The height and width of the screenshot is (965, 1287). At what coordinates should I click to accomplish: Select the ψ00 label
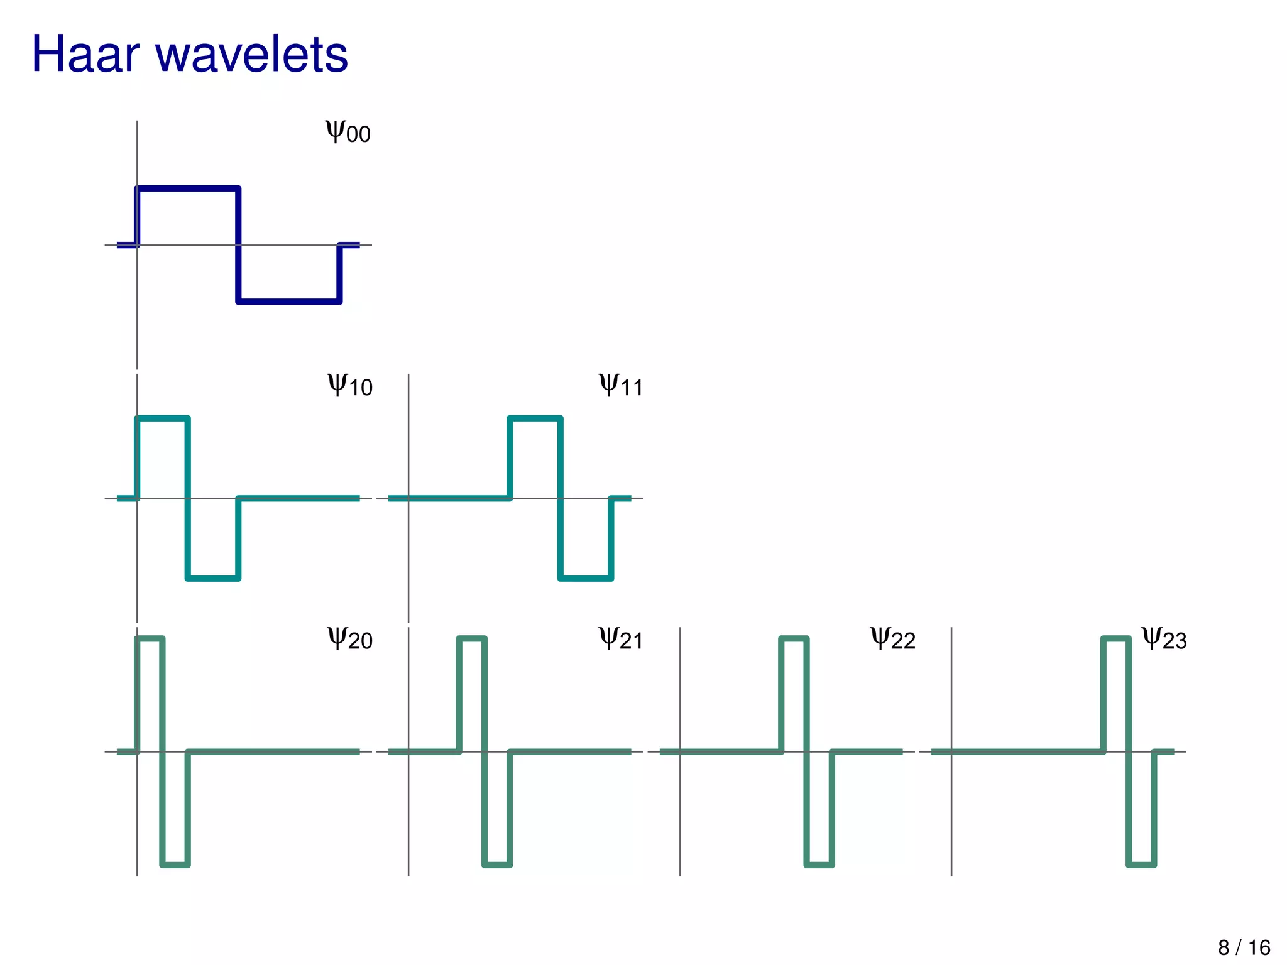click(x=348, y=131)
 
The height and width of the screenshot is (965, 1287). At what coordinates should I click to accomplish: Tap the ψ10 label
click(x=349, y=384)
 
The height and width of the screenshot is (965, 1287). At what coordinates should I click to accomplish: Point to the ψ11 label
click(x=621, y=384)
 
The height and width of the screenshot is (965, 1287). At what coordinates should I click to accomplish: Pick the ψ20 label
click(x=349, y=638)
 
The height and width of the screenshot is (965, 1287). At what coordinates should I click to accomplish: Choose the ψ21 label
click(x=621, y=638)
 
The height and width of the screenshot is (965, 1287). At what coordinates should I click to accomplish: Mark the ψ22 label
click(x=892, y=638)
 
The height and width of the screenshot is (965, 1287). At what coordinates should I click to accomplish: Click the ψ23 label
click(x=1164, y=638)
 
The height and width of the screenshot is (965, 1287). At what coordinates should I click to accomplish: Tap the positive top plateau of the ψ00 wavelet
click(x=188, y=188)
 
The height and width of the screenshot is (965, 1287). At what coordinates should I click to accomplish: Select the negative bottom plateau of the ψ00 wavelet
click(x=289, y=302)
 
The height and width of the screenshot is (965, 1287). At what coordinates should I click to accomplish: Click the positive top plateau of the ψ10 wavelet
click(x=162, y=418)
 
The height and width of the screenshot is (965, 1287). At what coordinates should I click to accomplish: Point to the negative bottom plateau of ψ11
click(x=586, y=578)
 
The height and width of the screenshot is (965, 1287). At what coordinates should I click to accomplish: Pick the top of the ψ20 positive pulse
click(x=150, y=639)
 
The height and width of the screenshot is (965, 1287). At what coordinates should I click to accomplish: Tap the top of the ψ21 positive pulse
click(x=472, y=639)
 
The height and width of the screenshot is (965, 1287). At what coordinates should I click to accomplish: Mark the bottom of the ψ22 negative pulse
click(x=819, y=865)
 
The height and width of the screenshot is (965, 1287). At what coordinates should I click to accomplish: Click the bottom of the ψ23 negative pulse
click(x=1141, y=865)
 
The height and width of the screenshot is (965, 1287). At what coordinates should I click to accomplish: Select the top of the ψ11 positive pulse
click(x=535, y=418)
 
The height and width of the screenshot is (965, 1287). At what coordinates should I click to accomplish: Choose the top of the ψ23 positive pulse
click(x=1116, y=639)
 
